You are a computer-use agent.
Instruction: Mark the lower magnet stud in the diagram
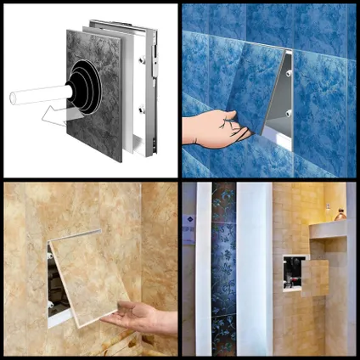[x=140, y=110]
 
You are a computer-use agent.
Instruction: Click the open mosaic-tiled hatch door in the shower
[x=315, y=278]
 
